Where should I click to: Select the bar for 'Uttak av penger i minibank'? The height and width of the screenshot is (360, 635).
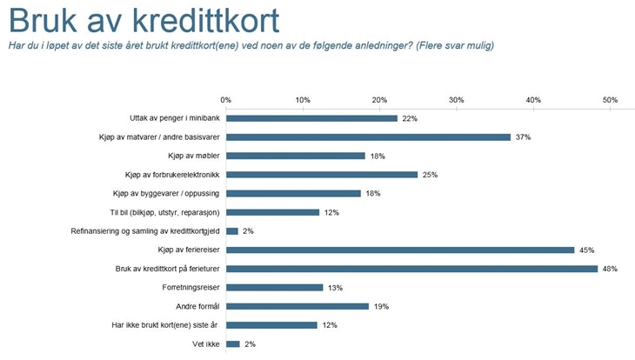point(311,118)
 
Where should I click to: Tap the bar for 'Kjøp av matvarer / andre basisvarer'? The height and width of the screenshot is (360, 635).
point(368,137)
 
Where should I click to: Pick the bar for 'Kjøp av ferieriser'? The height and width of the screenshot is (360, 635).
point(400,250)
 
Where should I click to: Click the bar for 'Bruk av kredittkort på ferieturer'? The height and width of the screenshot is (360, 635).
point(411,269)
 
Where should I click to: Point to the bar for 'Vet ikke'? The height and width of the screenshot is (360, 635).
point(232,344)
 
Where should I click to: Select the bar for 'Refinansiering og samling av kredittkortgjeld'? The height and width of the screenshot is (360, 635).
point(232,231)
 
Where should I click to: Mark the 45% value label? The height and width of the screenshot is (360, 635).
point(586,250)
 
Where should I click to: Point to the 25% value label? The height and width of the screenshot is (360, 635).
point(430,175)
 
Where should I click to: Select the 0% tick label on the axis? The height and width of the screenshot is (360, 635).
point(226,99)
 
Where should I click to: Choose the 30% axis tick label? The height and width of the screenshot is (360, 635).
point(457,99)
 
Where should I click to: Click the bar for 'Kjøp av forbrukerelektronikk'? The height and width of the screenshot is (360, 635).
point(322,175)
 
